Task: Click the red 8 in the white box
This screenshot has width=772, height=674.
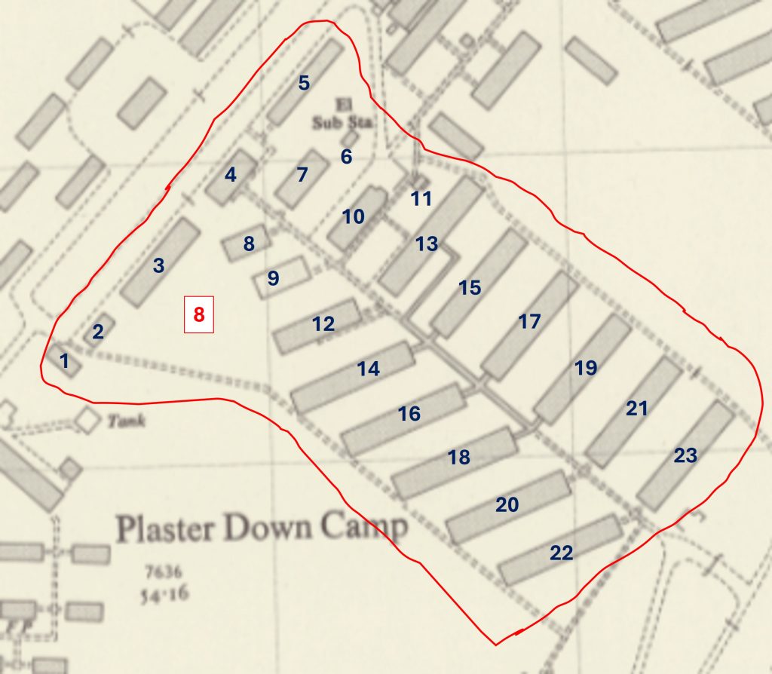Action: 199,314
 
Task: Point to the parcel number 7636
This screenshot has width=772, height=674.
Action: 160,572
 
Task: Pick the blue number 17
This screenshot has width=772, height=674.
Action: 529,321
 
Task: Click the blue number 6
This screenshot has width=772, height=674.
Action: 346,157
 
